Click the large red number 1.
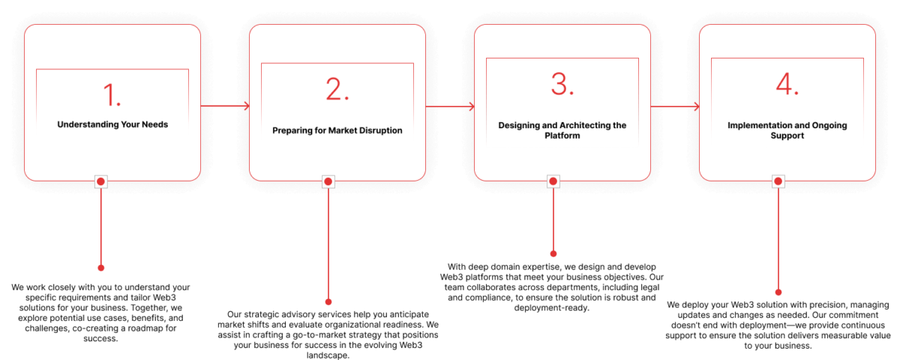click(x=112, y=94)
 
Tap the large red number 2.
click(x=337, y=88)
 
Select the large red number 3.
click(x=562, y=84)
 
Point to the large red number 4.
click(x=787, y=84)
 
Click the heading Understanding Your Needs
click(x=112, y=124)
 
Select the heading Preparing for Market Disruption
click(x=337, y=130)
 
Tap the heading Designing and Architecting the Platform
click(x=562, y=130)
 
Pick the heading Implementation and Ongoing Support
click(x=787, y=130)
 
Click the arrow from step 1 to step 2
click(x=225, y=106)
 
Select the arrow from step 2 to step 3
click(x=450, y=106)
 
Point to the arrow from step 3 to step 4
click(x=675, y=106)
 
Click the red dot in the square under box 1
click(x=100, y=181)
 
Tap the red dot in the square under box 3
click(x=553, y=181)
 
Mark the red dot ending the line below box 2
click(x=328, y=301)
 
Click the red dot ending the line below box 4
click(x=778, y=292)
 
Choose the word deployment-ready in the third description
click(x=552, y=308)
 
